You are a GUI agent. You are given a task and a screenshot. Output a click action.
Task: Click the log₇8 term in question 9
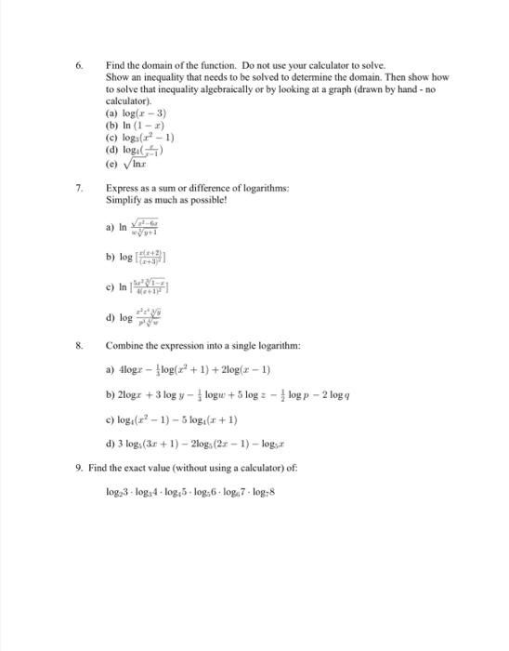click(x=263, y=491)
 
